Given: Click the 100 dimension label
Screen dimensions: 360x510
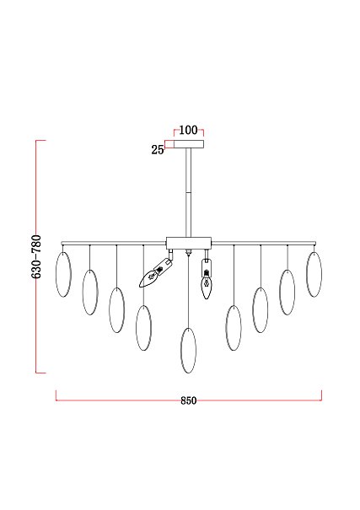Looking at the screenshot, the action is tap(188, 130).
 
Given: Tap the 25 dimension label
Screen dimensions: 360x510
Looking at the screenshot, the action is tap(158, 149).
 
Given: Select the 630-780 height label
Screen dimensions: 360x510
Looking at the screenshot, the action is tap(36, 256).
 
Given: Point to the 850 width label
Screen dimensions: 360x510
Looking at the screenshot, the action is tap(189, 400).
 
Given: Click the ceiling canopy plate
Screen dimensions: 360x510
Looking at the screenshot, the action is tap(189, 144).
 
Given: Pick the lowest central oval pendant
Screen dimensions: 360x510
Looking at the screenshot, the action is tap(188, 351).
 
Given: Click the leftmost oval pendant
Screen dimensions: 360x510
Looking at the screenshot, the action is tap(63, 274).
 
